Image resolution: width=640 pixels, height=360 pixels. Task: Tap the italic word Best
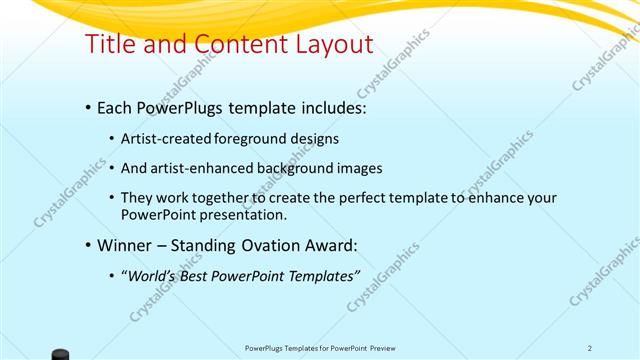pyautogui.click(x=198, y=276)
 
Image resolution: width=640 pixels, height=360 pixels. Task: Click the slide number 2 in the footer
pyautogui.click(x=590, y=348)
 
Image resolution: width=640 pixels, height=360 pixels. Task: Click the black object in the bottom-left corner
pyautogui.click(x=60, y=354)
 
